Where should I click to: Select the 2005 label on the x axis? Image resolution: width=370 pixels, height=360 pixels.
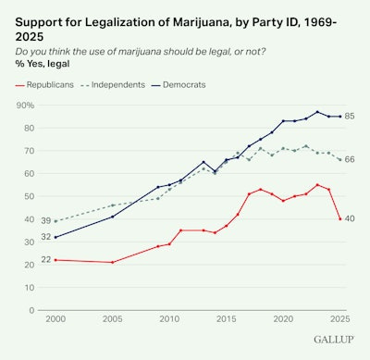pos(112,319)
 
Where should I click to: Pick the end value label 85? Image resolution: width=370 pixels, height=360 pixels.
pos(351,117)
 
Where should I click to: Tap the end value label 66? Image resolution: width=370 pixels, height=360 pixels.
pos(351,160)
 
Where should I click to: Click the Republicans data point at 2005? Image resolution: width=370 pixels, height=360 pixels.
pos(112,262)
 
